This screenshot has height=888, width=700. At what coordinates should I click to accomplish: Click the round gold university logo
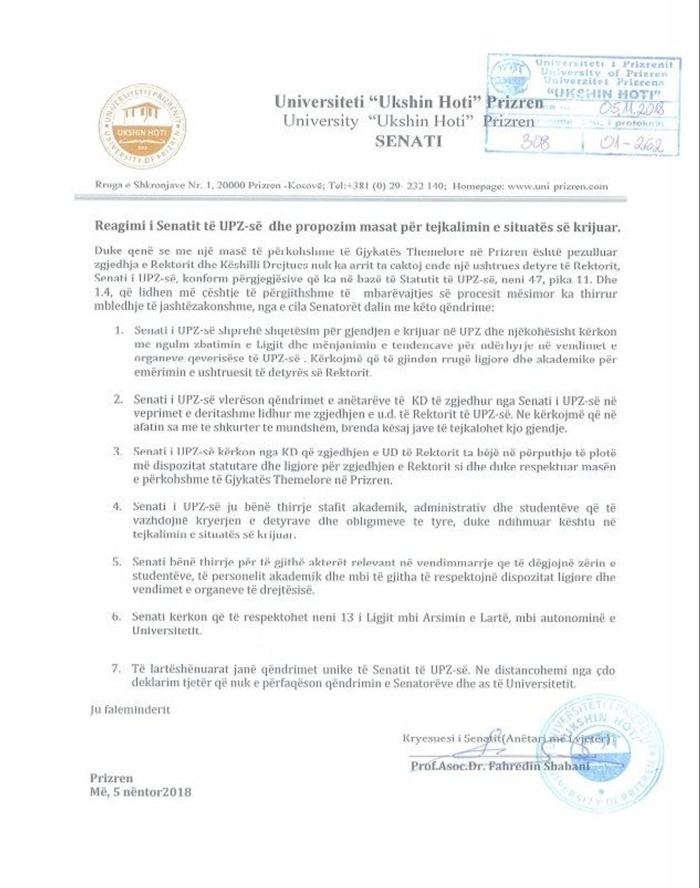pos(141,126)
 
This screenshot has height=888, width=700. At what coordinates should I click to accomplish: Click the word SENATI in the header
pos(409,141)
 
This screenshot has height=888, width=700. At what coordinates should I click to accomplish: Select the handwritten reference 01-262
pos(633,144)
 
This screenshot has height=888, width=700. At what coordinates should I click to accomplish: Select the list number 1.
pos(119,331)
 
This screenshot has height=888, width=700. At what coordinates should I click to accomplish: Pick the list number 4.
pos(117,507)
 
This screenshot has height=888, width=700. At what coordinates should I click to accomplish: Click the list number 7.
pos(116,669)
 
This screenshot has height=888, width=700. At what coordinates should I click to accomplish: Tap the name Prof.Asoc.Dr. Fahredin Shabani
pos(500,767)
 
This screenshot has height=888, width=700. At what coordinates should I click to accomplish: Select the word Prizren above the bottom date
pos(111,778)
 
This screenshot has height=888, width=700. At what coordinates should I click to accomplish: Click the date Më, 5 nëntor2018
pos(141,792)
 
